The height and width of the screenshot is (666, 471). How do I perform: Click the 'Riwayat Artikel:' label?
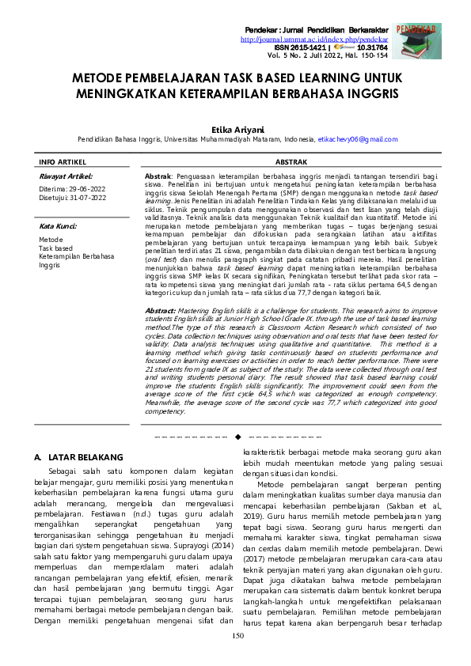[66, 176]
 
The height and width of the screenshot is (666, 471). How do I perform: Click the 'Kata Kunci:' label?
[58, 226]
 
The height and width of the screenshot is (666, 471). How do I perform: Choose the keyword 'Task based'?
[55, 248]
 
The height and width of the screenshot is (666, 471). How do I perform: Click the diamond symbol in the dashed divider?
[237, 436]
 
